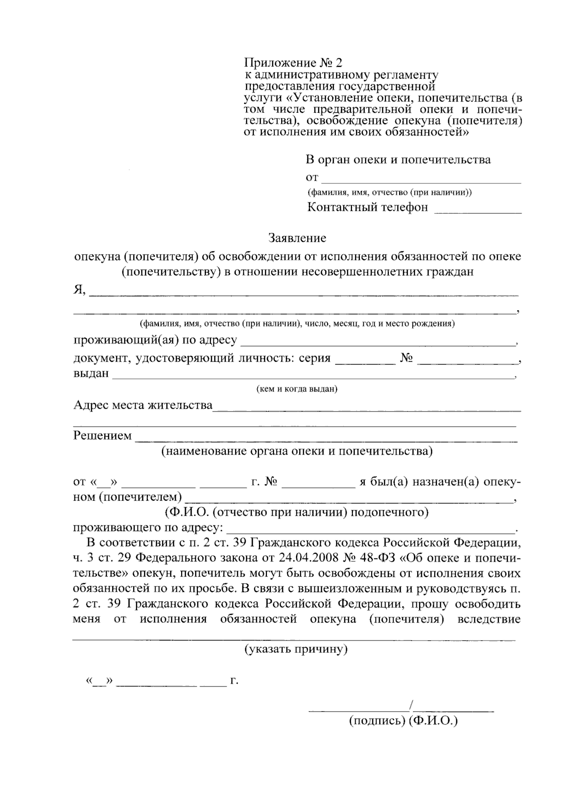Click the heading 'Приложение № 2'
293,63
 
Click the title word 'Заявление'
297,237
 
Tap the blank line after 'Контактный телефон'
477,211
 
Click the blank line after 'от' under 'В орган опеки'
421,180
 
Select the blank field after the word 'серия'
365,361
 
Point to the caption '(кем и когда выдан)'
297,389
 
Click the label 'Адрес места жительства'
143,405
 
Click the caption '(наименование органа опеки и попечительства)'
297,451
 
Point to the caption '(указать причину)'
296,649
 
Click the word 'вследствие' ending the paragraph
489,619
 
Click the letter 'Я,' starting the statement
79,290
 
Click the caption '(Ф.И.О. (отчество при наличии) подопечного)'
297,512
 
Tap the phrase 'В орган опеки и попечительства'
398,160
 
